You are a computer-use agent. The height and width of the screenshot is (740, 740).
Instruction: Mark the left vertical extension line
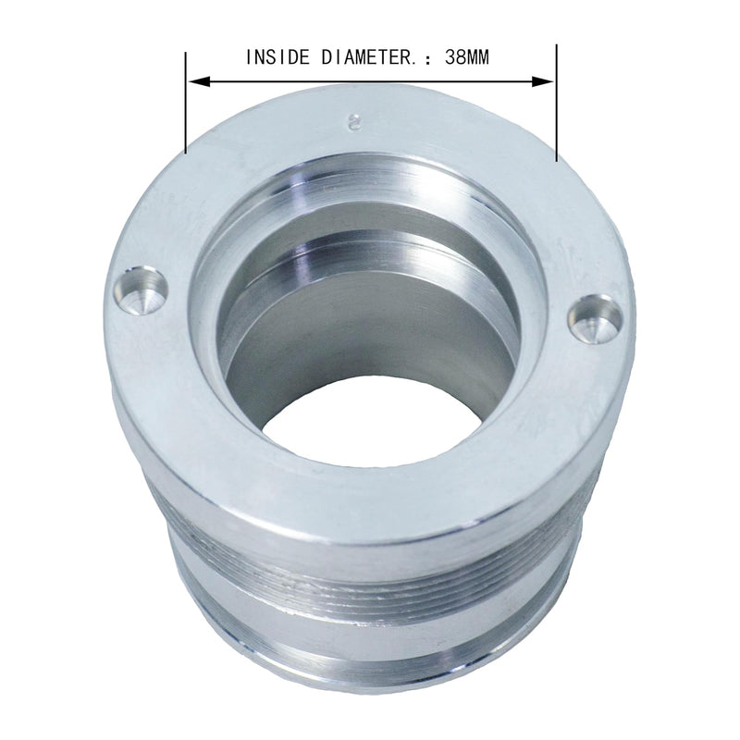tap(186, 102)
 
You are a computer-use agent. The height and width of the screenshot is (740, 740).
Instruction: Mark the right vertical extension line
tap(556, 102)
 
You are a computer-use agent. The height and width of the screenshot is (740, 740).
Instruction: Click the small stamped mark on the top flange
tap(351, 121)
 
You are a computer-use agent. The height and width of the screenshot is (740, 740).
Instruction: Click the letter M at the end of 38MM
tap(481, 57)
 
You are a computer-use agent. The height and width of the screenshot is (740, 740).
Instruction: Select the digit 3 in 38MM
tap(448, 57)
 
